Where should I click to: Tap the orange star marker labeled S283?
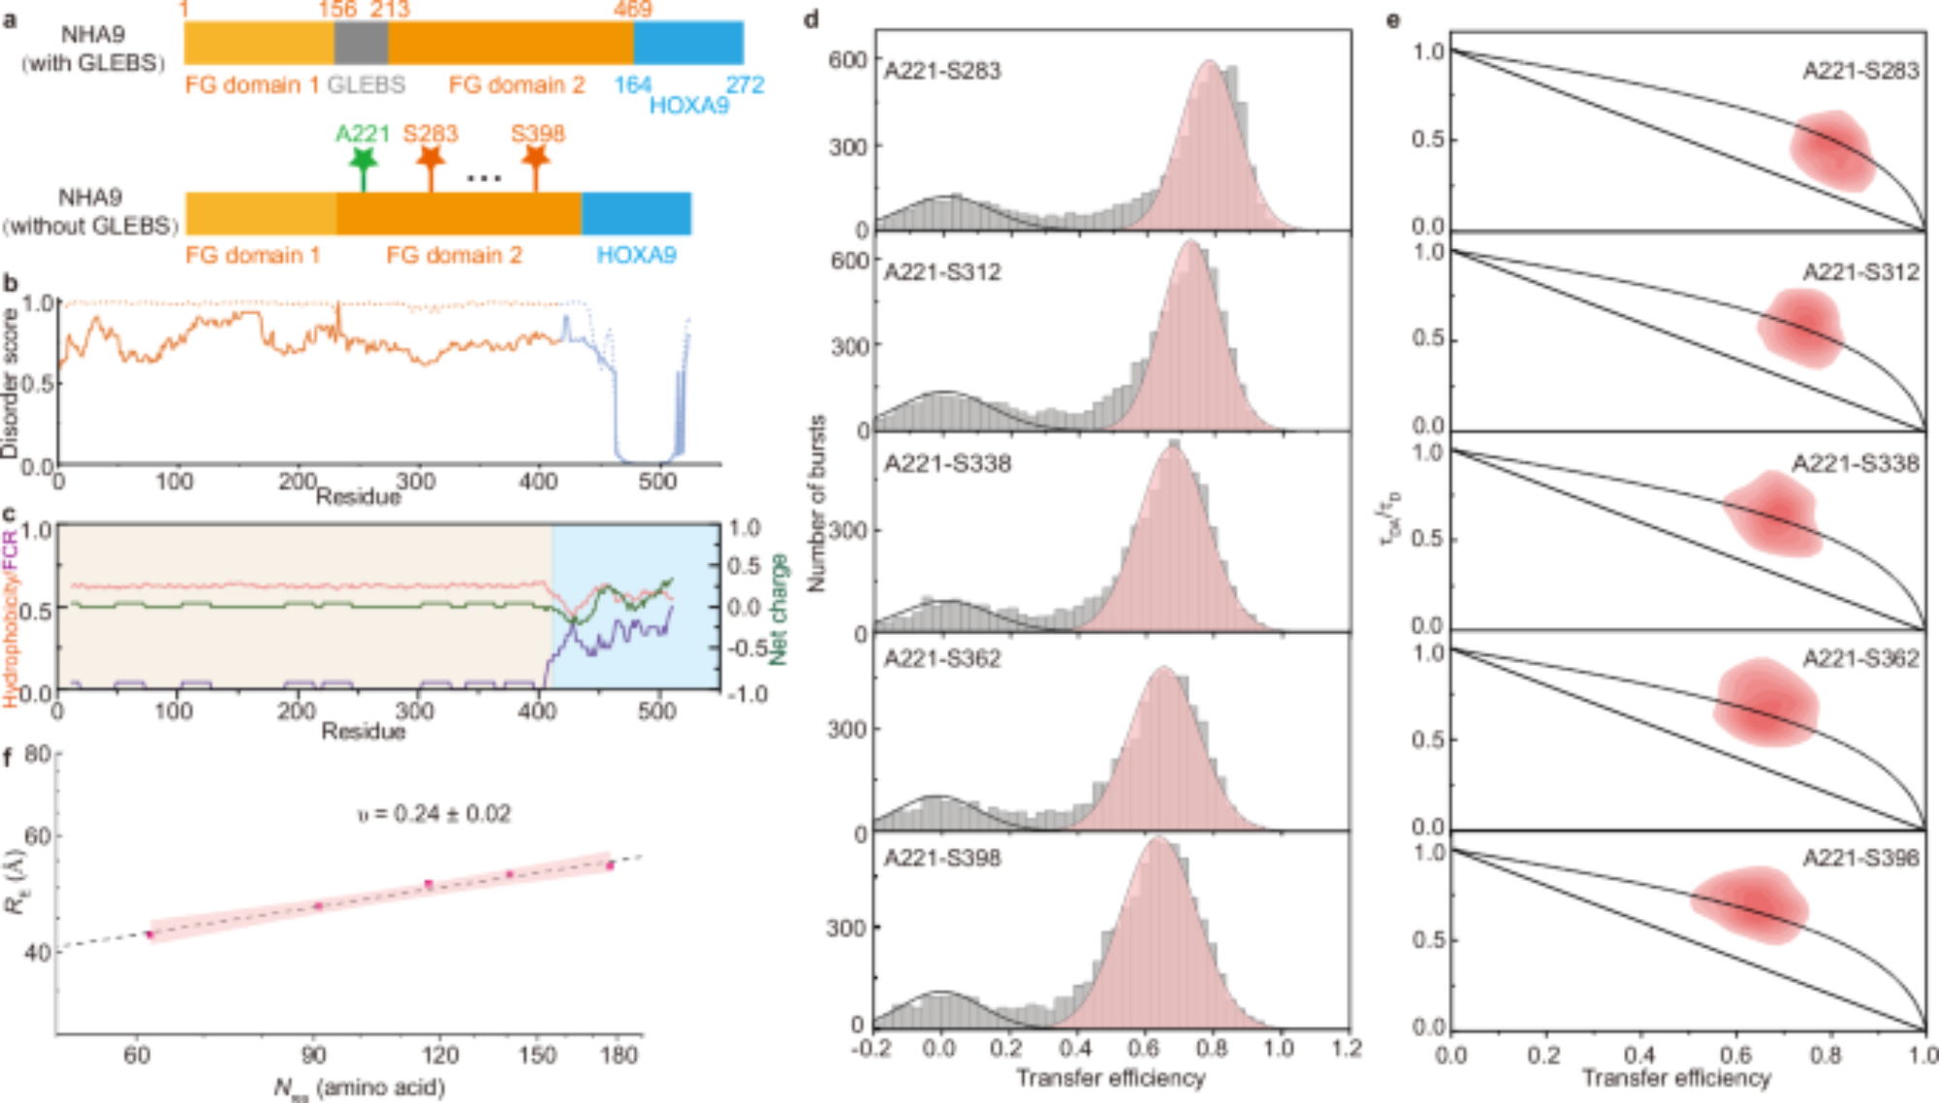point(430,158)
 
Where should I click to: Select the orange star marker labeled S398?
point(536,158)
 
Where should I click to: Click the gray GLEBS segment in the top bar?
point(361,43)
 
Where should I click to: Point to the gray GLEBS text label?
point(366,85)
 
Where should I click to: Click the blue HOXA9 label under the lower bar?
point(636,255)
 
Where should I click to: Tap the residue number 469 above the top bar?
point(632,10)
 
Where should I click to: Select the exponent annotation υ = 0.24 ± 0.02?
point(433,813)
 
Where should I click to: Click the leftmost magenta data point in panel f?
point(150,934)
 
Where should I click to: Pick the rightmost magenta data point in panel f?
point(610,866)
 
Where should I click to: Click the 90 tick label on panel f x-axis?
point(313,1055)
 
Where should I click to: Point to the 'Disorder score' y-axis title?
point(10,384)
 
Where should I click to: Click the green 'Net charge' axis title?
point(778,609)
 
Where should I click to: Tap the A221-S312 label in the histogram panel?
point(942,271)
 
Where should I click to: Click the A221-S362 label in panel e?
point(1860,659)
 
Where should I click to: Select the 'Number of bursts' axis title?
point(817,504)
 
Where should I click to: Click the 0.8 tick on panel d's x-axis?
point(1212,1049)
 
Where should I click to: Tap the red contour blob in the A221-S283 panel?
point(1831,150)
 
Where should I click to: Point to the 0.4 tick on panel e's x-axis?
point(1639,1055)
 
